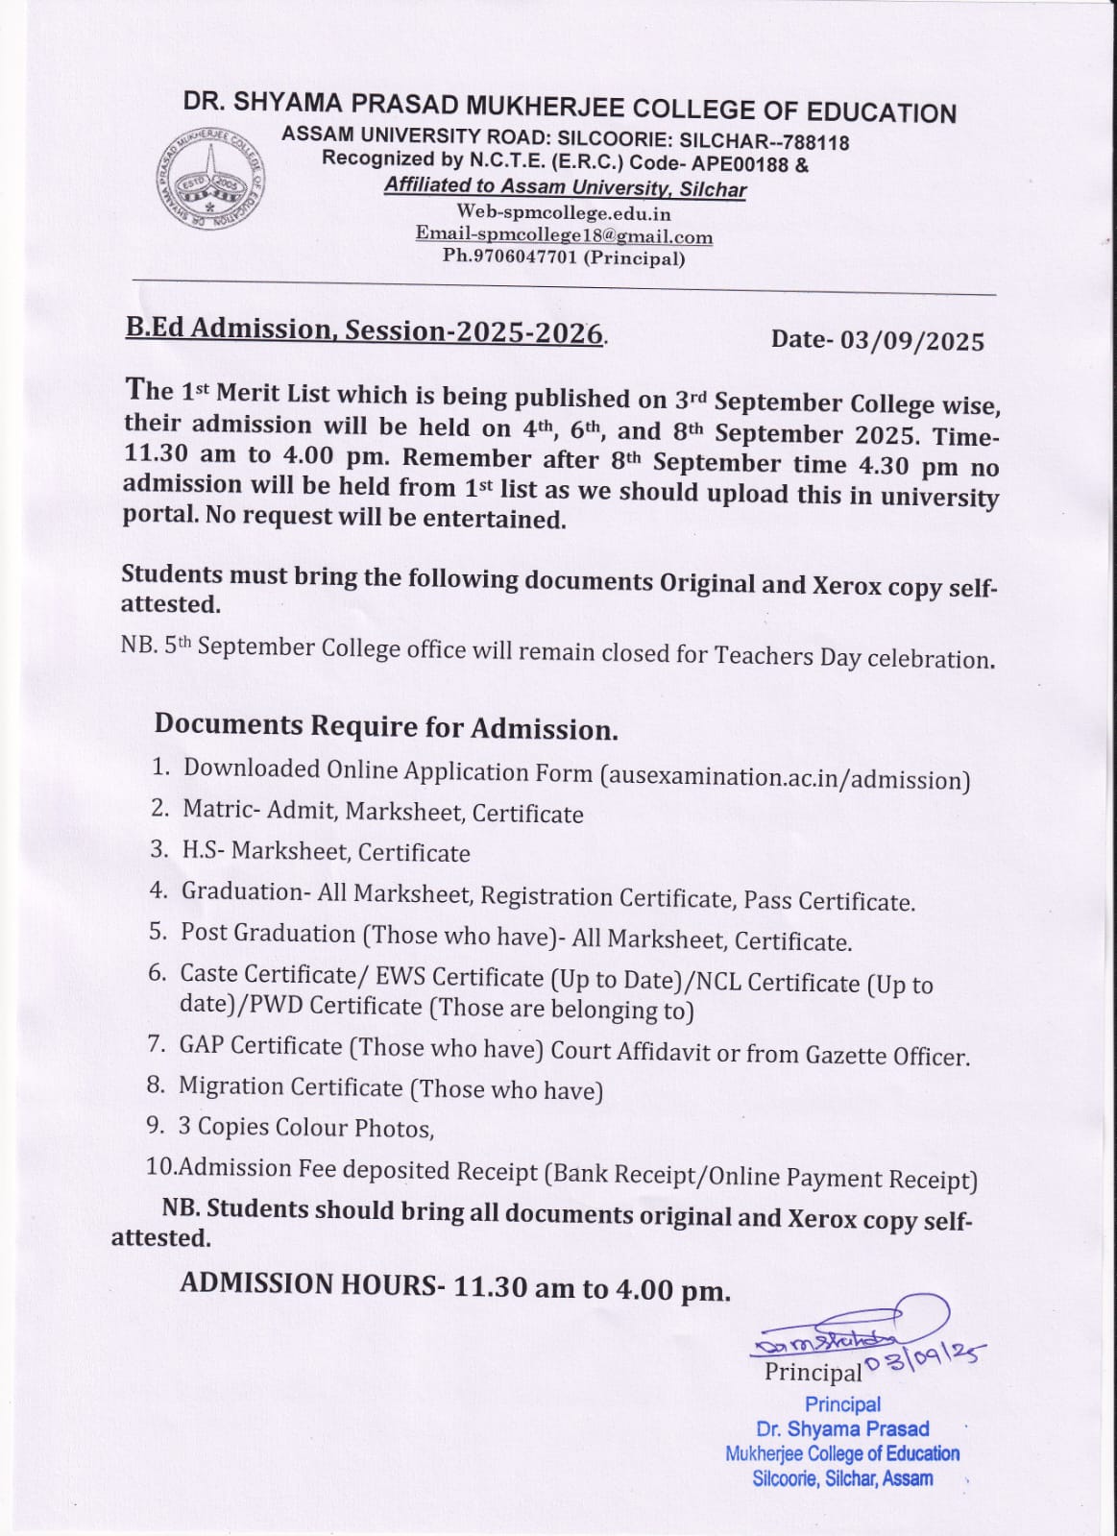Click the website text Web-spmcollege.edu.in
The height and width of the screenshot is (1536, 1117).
[564, 213]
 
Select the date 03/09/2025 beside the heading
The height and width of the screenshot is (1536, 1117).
[912, 341]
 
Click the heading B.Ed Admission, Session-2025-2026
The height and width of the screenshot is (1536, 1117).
[364, 330]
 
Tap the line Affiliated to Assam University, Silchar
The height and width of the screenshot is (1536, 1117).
[565, 187]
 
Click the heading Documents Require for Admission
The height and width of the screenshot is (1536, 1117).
[385, 726]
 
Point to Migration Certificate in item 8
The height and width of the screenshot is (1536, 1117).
[290, 1086]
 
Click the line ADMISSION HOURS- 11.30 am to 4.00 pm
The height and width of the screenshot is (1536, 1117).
[455, 1286]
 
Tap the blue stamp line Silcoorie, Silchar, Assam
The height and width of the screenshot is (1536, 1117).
[842, 1478]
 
